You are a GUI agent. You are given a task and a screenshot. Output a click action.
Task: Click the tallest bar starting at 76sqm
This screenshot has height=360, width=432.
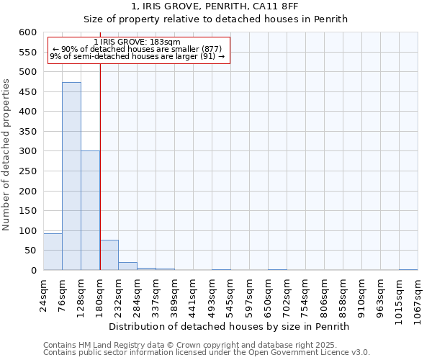point(71,176)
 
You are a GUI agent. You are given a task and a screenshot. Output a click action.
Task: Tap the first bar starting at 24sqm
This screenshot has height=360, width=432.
point(53,252)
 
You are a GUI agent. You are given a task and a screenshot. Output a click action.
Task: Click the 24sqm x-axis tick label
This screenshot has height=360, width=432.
point(44,294)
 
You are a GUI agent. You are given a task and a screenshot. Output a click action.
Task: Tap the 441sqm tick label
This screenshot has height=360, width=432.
point(194,294)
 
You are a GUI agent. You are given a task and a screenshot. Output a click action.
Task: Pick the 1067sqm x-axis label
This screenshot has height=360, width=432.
point(418,297)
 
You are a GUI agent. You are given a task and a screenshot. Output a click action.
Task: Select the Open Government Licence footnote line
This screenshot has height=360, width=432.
point(207,353)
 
